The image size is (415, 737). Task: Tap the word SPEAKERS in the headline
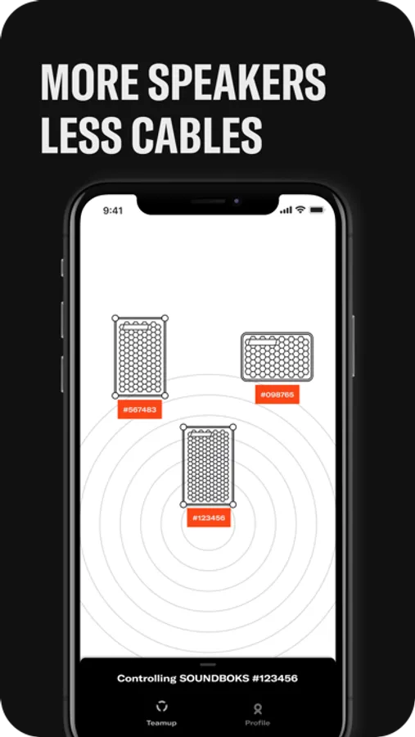(237, 82)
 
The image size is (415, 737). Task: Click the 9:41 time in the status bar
(113, 210)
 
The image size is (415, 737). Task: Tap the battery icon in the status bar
(318, 210)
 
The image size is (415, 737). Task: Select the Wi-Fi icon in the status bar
(300, 210)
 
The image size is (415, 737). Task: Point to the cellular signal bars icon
(286, 210)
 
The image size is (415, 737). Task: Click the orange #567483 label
(140, 409)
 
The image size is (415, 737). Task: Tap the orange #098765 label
(277, 395)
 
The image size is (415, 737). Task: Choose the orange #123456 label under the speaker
(209, 518)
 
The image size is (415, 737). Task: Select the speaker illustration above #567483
(140, 357)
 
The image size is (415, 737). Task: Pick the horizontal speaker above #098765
(277, 357)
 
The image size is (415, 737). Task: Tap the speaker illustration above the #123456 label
(208, 466)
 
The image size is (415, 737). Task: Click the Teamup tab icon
(162, 706)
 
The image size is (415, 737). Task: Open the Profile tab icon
(258, 708)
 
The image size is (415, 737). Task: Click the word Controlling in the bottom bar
(147, 679)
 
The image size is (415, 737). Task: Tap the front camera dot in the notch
(237, 201)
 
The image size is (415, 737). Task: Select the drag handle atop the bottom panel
(208, 664)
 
